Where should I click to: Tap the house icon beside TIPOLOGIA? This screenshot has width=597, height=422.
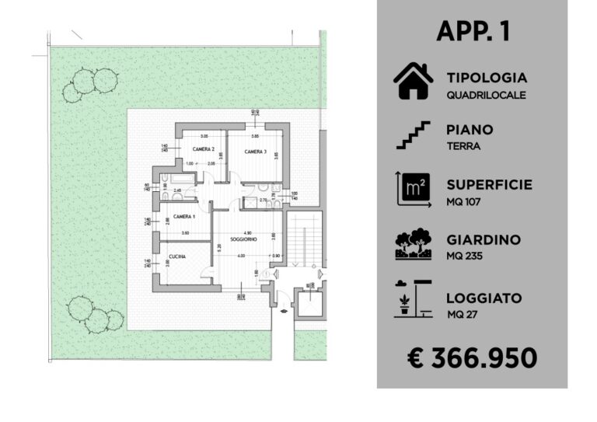[x=413, y=82]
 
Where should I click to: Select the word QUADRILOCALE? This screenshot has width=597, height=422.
[x=486, y=96]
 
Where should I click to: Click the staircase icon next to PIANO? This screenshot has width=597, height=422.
[x=413, y=134]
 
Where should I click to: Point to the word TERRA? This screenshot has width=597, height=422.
[x=463, y=146]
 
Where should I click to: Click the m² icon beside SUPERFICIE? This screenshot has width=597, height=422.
[x=413, y=189]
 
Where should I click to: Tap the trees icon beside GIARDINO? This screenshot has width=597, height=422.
[x=413, y=244]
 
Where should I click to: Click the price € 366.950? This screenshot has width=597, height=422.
[x=472, y=357]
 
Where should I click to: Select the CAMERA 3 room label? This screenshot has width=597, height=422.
[x=256, y=152]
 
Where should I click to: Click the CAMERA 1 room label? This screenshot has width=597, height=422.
[x=184, y=216]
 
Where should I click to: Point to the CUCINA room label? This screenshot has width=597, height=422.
[x=176, y=255]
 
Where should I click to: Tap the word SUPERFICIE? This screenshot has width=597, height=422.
[x=489, y=185]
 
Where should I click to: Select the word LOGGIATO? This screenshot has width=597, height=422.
[x=484, y=298]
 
